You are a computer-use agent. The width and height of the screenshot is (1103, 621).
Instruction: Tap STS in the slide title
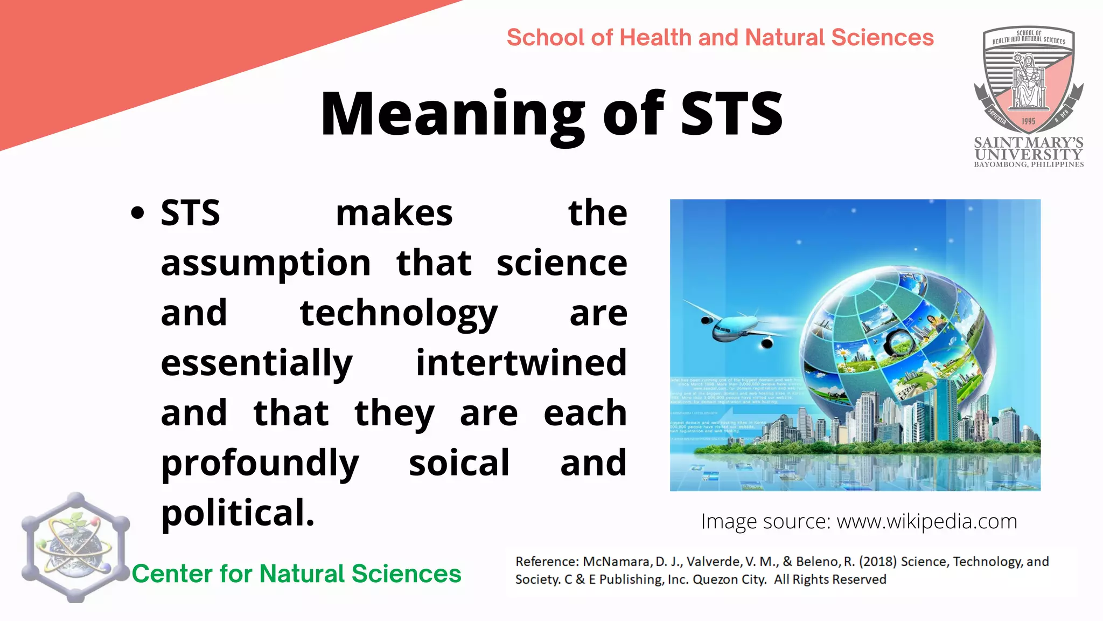point(731,114)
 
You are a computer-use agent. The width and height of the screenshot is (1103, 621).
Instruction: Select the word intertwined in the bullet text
point(521,362)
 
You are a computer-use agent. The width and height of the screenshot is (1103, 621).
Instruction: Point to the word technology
point(399,313)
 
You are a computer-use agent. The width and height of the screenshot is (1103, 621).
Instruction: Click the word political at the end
point(238,513)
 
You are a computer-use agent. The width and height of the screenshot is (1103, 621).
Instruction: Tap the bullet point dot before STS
point(138,213)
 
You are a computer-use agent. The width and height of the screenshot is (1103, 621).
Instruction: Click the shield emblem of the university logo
point(1028,81)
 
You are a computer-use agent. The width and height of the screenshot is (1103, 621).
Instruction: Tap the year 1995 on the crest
point(1028,121)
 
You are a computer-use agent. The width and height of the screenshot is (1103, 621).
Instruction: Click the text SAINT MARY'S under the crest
point(1028,142)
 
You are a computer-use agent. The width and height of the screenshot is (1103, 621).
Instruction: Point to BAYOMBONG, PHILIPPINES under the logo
point(1028,164)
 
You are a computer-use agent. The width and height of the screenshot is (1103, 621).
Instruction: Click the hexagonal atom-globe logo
point(75,547)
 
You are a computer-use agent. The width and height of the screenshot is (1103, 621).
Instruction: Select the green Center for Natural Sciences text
point(297,574)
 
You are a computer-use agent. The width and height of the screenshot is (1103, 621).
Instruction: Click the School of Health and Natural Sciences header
point(720,38)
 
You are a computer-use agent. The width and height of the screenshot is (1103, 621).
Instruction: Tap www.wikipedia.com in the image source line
point(926,521)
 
